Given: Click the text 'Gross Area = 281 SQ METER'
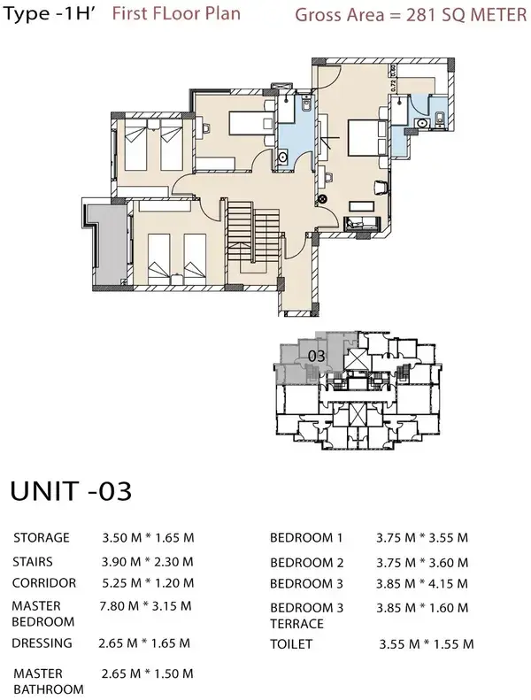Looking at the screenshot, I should click(408, 15).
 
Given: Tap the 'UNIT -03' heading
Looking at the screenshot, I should click(70, 492).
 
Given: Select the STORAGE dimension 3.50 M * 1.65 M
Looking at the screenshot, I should click(148, 537).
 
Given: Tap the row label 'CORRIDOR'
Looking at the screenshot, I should click(44, 582).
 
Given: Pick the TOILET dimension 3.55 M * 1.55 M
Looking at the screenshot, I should click(427, 643).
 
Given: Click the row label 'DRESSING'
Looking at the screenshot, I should click(42, 643).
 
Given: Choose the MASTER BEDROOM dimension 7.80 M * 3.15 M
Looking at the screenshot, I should click(148, 605).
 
